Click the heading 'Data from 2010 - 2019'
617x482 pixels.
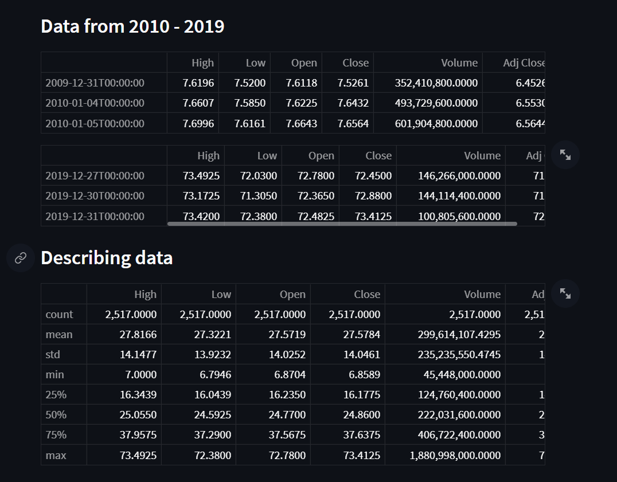pyautogui.click(x=132, y=26)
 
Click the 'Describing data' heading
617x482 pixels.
pyautogui.click(x=107, y=258)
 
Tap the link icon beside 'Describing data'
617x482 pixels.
pyautogui.click(x=21, y=258)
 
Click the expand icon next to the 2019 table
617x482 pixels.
pyautogui.click(x=565, y=155)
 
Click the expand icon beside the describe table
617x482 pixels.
pyautogui.click(x=565, y=293)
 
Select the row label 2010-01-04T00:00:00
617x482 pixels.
pyautogui.click(x=95, y=103)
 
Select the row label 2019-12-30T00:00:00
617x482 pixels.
pyautogui.click(x=95, y=196)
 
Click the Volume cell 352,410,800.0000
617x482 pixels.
pyautogui.click(x=436, y=83)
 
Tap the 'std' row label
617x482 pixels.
pyautogui.click(x=53, y=355)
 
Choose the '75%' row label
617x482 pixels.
pyautogui.click(x=56, y=435)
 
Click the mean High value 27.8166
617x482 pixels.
pyautogui.click(x=138, y=335)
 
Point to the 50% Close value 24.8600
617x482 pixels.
pyautogui.click(x=361, y=415)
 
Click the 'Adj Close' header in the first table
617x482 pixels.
pyautogui.click(x=523, y=63)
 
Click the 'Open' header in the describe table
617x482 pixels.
pyautogui.click(x=292, y=295)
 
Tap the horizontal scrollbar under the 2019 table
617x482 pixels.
pyautogui.click(x=342, y=224)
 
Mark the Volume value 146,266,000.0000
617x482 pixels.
pyautogui.click(x=459, y=176)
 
